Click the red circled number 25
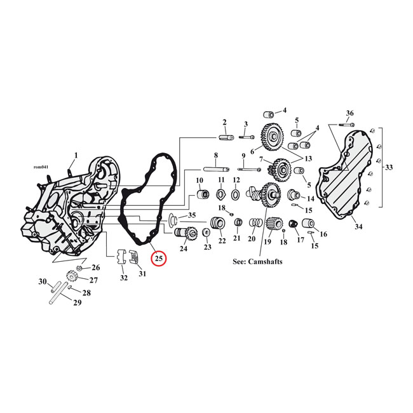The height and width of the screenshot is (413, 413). [159, 259]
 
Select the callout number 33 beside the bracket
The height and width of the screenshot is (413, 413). [388, 167]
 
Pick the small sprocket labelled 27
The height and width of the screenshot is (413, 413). [72, 278]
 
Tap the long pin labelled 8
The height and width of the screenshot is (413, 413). [216, 169]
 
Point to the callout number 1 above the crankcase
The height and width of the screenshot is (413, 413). [76, 155]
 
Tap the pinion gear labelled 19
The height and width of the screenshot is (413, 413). [274, 224]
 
